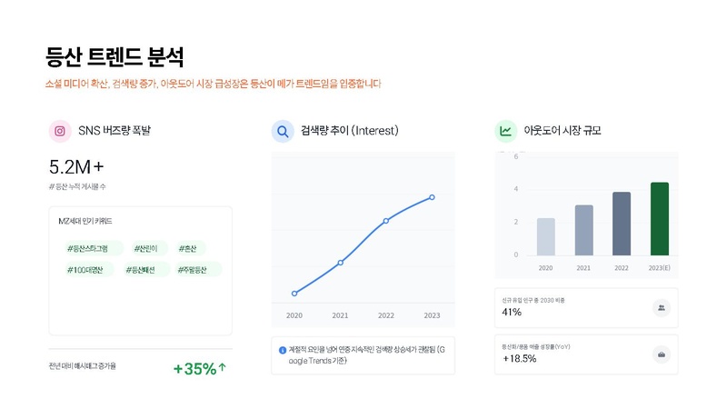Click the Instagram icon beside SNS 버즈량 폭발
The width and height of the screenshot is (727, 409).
click(x=60, y=131)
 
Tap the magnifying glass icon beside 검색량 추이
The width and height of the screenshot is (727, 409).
click(x=282, y=131)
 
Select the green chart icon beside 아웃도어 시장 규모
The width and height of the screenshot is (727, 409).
click(x=505, y=131)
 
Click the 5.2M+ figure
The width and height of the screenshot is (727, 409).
click(x=76, y=167)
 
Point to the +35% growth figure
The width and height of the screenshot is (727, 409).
click(x=199, y=369)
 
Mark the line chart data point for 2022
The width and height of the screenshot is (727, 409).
click(x=386, y=221)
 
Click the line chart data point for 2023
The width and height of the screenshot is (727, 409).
click(x=432, y=197)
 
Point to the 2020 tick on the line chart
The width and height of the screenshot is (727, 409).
click(x=294, y=315)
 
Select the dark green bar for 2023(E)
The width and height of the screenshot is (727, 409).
click(x=660, y=219)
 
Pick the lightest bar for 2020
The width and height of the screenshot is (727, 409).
click(x=545, y=236)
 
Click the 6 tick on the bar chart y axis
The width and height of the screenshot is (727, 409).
click(x=516, y=156)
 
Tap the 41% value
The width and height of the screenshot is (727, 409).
click(x=512, y=313)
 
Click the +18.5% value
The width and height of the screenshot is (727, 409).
click(x=519, y=358)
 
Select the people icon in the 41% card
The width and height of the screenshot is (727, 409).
click(x=661, y=308)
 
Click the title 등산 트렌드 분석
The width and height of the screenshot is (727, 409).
click(x=115, y=57)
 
